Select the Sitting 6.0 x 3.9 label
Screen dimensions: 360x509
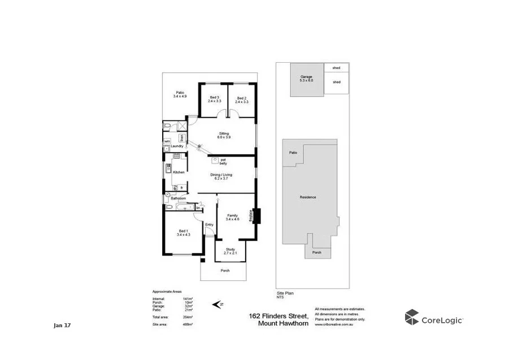[x=224, y=135]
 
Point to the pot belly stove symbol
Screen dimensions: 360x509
[x=216, y=161]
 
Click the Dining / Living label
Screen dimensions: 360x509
[x=221, y=176]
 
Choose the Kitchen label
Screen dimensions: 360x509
[x=179, y=172]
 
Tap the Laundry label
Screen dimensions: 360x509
[x=177, y=146]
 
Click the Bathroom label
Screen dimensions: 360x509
[x=179, y=198]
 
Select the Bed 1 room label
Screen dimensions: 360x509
[x=184, y=232]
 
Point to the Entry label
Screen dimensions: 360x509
[x=209, y=225]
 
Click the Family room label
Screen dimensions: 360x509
[x=232, y=217]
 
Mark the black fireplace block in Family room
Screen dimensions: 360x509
[x=256, y=216]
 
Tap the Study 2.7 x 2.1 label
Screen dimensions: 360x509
[x=230, y=250]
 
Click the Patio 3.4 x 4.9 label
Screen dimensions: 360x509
[x=180, y=94]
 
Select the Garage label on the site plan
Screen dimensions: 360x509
[x=306, y=79]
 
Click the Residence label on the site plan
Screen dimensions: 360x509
[x=308, y=197]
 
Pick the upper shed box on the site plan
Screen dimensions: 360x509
[x=336, y=68]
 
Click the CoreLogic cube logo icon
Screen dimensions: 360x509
[x=411, y=318]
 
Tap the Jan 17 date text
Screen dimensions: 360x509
[x=62, y=326]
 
